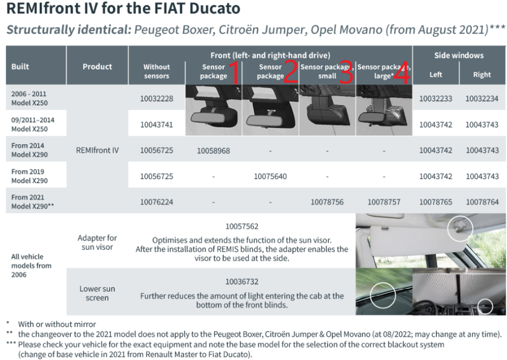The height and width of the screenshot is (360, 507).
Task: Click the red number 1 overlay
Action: pos(235,73)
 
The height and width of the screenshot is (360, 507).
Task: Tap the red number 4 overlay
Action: pos(402,73)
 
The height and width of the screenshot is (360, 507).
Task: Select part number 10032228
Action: pos(157,99)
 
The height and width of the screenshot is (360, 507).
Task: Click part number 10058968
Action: pos(213,151)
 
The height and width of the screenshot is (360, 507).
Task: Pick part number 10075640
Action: pos(270,176)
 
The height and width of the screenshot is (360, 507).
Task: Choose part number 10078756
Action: pos(327,202)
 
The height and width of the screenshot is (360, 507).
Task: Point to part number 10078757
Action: pos(384,202)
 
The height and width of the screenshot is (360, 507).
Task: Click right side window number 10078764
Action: pos(482,202)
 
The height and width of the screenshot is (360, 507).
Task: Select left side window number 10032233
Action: pos(435,99)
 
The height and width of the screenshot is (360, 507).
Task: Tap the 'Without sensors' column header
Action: pos(157,71)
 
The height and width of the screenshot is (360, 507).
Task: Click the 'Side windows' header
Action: pos(459,55)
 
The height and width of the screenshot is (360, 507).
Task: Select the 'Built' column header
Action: pos(21,67)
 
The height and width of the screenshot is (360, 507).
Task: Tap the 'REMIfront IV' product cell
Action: pos(97,151)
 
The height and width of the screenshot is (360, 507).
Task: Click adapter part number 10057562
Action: pos(242,226)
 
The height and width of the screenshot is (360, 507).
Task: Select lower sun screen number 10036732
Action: pos(242,281)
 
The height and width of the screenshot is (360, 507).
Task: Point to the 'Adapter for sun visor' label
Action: pos(97,242)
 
